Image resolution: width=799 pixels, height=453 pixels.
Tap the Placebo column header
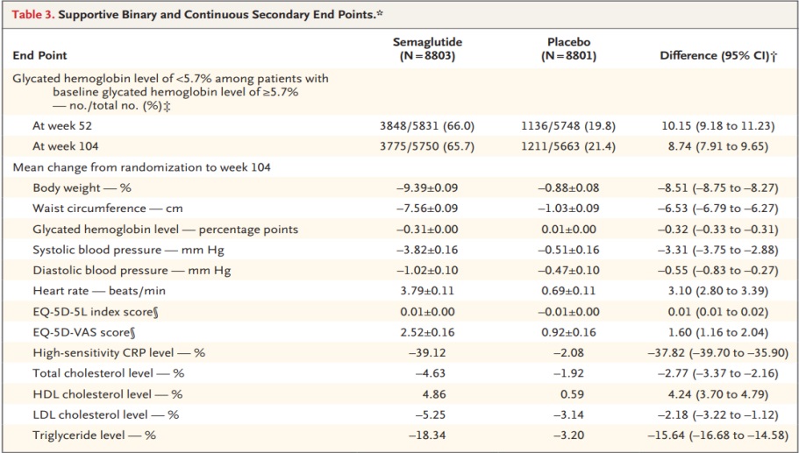pyautogui.click(x=569, y=49)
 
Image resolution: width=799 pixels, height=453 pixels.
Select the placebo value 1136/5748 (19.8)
pyautogui.click(x=569, y=125)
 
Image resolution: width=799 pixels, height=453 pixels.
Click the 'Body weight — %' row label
pyautogui.click(x=82, y=188)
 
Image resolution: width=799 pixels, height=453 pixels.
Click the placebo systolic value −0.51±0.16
pyautogui.click(x=569, y=250)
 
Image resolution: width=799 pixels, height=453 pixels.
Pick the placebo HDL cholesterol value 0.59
pyautogui.click(x=569, y=394)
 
